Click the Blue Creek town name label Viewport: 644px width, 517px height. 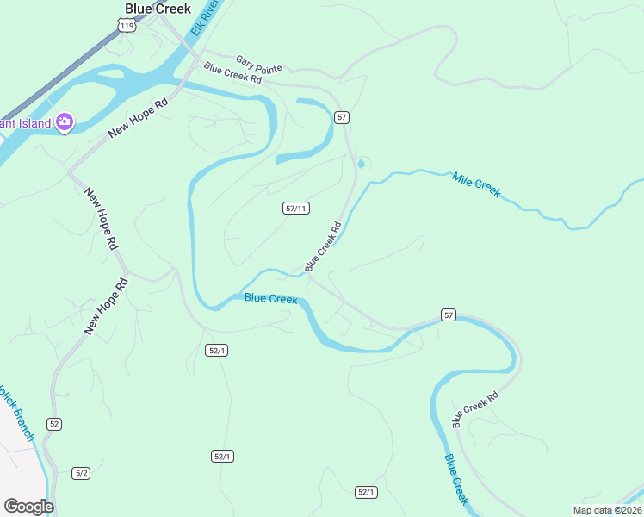pyautogui.click(x=158, y=9)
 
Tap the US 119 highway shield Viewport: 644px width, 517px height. pyautogui.click(x=127, y=27)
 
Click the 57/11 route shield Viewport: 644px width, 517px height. pyautogui.click(x=296, y=209)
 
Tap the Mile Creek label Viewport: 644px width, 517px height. pyautogui.click(x=475, y=184)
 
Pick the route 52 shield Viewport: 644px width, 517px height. pyautogui.click(x=55, y=424)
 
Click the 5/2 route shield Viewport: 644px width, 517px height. pyautogui.click(x=82, y=473)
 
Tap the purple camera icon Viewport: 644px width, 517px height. pyautogui.click(x=65, y=122)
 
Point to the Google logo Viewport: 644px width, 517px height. pyautogui.click(x=28, y=506)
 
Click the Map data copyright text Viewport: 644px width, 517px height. pyautogui.click(x=607, y=510)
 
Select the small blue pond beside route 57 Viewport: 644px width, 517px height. pyautogui.click(x=361, y=164)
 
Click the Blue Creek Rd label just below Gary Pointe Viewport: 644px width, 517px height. pyautogui.click(x=232, y=73)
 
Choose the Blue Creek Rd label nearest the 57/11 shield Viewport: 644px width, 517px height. pyautogui.click(x=323, y=246)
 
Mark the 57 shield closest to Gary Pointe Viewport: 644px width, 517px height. pyautogui.click(x=342, y=117)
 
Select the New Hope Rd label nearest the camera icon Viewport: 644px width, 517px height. pyautogui.click(x=138, y=117)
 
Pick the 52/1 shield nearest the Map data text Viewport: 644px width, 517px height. pyautogui.click(x=366, y=492)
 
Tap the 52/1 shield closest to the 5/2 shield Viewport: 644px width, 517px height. pyautogui.click(x=222, y=456)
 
